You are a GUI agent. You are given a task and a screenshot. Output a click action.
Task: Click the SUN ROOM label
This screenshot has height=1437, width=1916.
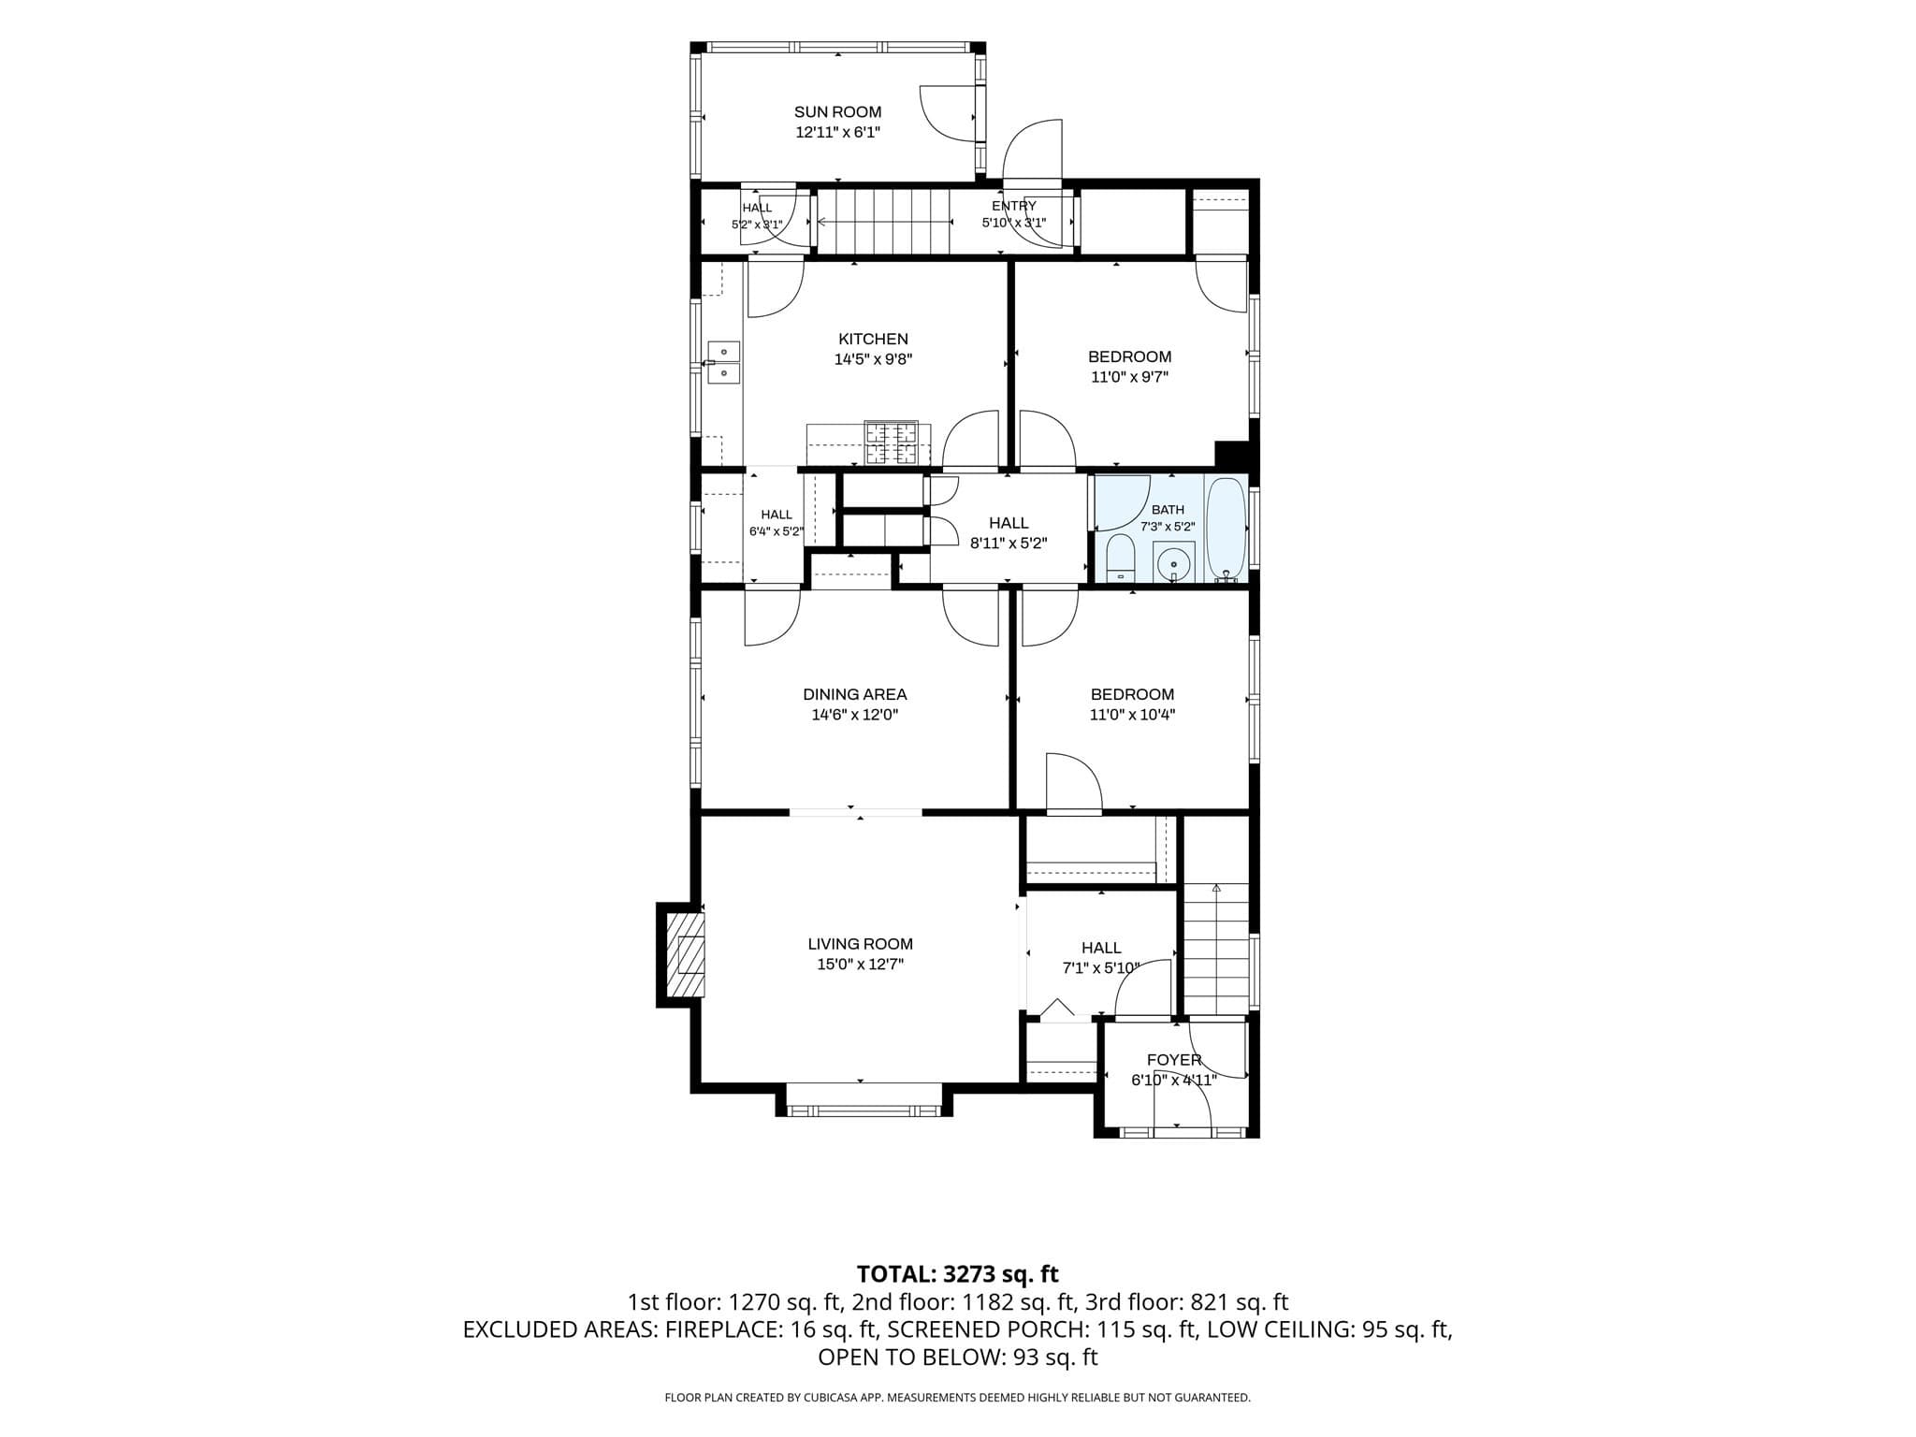[x=837, y=112]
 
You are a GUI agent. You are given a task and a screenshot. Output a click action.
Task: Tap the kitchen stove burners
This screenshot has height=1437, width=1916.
[x=892, y=443]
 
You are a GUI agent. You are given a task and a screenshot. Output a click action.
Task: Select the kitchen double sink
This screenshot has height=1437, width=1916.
[x=723, y=362]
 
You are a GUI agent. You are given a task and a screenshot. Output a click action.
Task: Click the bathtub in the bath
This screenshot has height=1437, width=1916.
[x=1226, y=530]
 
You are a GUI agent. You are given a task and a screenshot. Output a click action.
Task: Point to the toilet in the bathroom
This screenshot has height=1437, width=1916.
[x=1120, y=559]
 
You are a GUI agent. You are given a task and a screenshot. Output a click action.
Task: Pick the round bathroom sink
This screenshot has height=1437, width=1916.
[x=1173, y=563]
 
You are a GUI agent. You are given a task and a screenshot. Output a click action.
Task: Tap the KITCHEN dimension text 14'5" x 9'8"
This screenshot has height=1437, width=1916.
[x=873, y=359]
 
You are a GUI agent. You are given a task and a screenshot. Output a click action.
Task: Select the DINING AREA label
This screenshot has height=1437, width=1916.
[x=855, y=694]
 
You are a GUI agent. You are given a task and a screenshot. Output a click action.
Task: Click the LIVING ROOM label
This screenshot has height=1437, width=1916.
[x=860, y=944]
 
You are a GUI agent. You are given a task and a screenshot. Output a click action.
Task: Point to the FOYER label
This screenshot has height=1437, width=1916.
[x=1174, y=1060]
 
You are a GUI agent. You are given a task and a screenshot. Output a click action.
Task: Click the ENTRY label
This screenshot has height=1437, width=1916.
[x=1014, y=206]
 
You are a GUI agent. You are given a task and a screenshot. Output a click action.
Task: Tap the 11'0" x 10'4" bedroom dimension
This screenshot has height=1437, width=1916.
[x=1132, y=715]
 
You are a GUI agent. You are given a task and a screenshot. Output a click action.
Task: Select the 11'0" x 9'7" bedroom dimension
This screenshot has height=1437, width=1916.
[x=1129, y=377]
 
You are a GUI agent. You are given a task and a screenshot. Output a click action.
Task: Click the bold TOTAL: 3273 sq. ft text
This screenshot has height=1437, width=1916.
[x=958, y=1273]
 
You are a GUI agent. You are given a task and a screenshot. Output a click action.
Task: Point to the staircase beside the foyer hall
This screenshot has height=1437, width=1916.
[x=1216, y=949]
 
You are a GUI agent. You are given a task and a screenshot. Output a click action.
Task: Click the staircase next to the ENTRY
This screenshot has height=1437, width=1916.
[x=883, y=222]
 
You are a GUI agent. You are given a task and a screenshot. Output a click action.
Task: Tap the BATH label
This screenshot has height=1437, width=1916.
[x=1168, y=510]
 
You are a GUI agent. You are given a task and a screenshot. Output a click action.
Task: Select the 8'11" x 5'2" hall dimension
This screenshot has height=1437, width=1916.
[x=1008, y=543]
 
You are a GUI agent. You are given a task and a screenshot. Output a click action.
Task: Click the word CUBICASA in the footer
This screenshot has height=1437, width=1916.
[x=828, y=1398]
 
